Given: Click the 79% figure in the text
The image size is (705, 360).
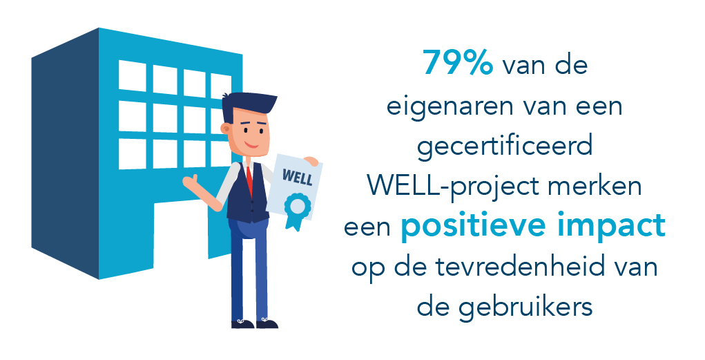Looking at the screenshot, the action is click(458, 63).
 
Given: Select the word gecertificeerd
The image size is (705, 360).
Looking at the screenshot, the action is click(505, 148).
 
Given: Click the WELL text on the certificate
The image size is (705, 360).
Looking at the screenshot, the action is click(297, 176).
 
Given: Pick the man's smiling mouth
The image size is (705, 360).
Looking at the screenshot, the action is click(251, 144).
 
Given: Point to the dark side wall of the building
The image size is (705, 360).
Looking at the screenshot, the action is click(65, 153).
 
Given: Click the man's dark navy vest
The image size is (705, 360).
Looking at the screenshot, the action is click(247, 193).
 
